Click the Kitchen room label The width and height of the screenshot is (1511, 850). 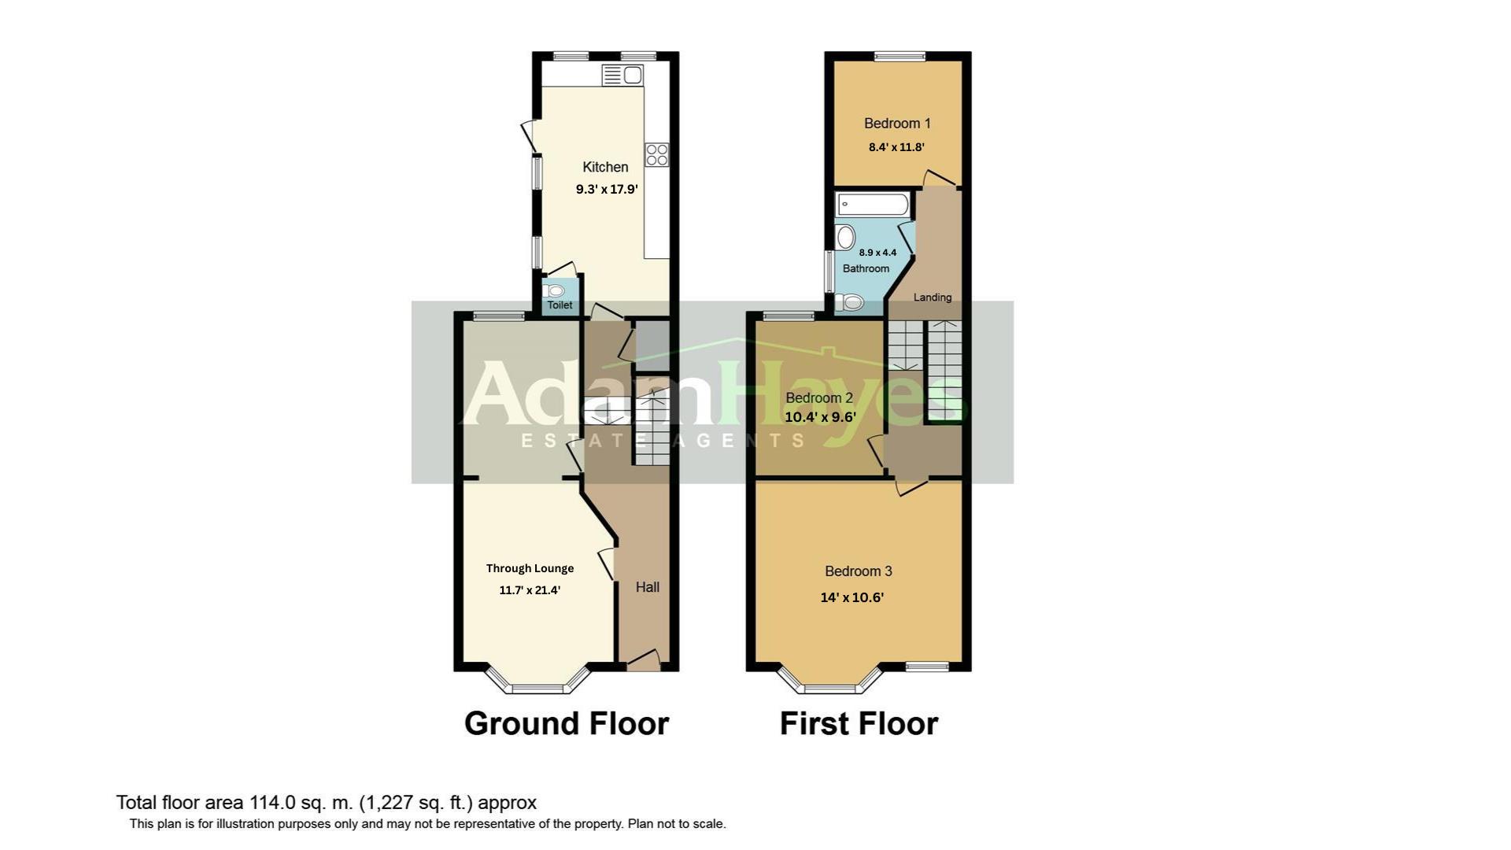(605, 167)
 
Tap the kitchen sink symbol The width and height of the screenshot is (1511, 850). (623, 76)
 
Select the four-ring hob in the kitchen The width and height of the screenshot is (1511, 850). (657, 155)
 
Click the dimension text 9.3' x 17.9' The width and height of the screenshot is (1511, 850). (607, 189)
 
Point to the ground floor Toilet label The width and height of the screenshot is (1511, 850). (560, 305)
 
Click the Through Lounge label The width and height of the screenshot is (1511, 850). (530, 568)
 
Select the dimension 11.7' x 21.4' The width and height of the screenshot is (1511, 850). (530, 590)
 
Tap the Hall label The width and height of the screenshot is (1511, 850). (648, 587)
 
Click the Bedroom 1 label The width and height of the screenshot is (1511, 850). (897, 124)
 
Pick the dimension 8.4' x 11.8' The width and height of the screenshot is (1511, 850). (896, 147)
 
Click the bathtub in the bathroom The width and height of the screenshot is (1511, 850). (873, 205)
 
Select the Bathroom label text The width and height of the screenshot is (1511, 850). (866, 268)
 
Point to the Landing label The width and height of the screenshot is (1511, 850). (933, 297)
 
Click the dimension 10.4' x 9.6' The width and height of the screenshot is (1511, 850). (820, 417)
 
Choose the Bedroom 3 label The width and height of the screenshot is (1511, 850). (858, 571)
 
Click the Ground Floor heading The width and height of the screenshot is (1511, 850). (567, 723)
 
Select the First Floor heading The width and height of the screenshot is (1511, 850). (859, 723)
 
